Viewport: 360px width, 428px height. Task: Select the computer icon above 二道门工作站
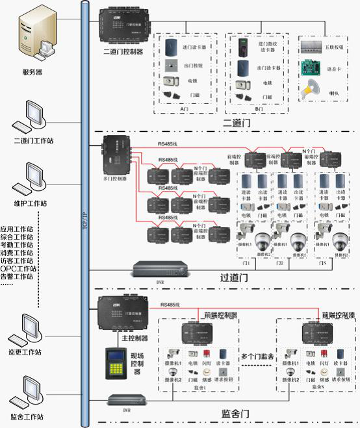coord(31,117)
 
